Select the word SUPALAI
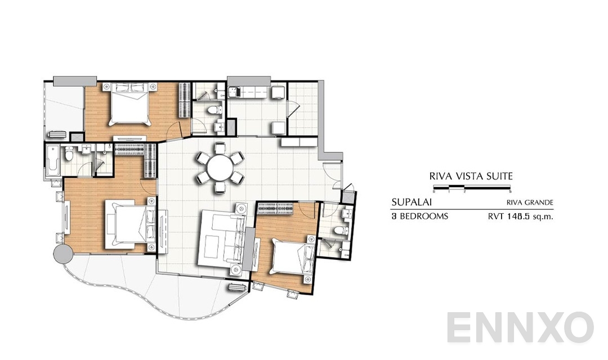(408, 202)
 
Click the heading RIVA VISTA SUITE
(471, 176)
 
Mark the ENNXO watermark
(520, 327)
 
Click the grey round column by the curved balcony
(63, 254)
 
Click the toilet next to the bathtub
(68, 154)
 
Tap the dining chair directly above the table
(220, 148)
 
